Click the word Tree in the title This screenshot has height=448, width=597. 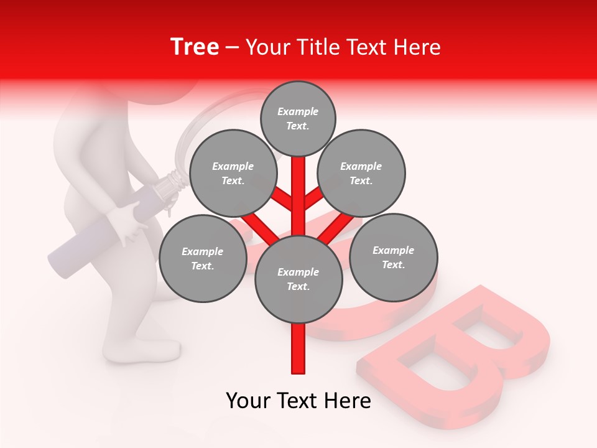click(195, 47)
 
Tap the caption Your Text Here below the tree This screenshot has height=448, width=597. click(298, 401)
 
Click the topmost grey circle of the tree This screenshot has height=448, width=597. click(298, 118)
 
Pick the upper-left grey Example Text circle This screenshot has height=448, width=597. click(233, 173)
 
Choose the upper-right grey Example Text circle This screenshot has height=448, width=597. click(361, 173)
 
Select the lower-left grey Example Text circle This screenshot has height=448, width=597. click(202, 258)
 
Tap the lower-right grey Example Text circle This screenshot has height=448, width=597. click(393, 257)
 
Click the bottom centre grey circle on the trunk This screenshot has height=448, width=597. click(298, 279)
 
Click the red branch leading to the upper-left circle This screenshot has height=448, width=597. click(282, 199)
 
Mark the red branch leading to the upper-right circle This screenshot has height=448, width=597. click(314, 199)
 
